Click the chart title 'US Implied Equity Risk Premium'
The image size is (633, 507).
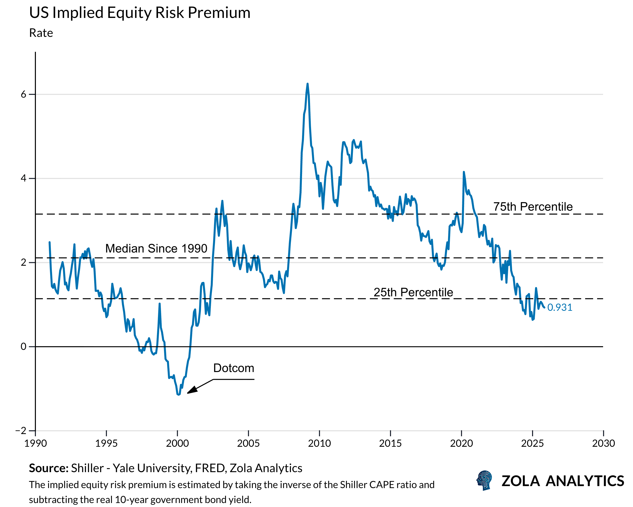(140, 13)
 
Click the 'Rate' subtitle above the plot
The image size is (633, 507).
(41, 33)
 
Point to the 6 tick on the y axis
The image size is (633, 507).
(23, 94)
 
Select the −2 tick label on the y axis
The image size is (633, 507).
(21, 431)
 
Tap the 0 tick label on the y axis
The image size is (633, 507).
(23, 347)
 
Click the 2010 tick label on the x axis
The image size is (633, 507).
(319, 443)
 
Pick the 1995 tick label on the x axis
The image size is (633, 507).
(106, 443)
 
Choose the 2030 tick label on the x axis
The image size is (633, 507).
(603, 443)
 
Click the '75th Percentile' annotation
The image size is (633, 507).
(533, 206)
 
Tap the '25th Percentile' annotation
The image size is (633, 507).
(413, 292)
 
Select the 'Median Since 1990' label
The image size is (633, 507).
(156, 249)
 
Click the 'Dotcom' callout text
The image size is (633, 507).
(234, 368)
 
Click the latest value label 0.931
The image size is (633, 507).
(559, 307)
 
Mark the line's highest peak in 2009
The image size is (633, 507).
(307, 84)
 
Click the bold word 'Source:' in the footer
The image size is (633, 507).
(48, 468)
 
